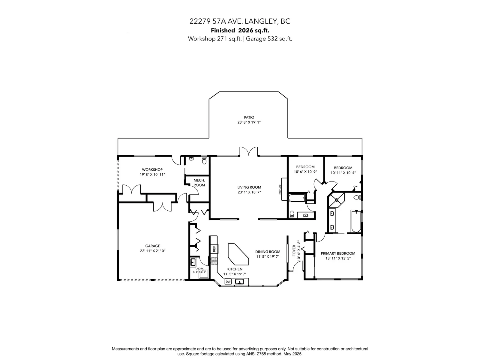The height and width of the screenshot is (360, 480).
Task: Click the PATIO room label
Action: [x=249, y=117]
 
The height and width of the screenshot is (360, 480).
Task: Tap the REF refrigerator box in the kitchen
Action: [x=214, y=249]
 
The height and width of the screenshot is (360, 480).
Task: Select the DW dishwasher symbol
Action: [x=228, y=281]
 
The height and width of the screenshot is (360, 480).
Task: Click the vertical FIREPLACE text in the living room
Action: [x=280, y=190]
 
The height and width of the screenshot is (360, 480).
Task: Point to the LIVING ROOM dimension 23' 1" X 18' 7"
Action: [x=249, y=192]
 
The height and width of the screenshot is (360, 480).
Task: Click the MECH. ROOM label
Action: [x=199, y=183]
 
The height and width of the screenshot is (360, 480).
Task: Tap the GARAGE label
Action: [x=153, y=246]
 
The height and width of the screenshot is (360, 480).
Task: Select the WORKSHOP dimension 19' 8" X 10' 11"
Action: [x=152, y=175]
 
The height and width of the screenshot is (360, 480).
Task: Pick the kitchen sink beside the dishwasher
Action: [x=239, y=282]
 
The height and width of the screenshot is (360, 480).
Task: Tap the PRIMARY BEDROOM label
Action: [x=338, y=253]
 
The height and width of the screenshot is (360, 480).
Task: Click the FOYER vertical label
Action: [x=294, y=250]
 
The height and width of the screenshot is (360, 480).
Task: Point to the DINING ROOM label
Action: [x=268, y=252]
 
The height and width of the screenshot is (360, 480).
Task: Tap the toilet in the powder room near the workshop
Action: [x=204, y=160]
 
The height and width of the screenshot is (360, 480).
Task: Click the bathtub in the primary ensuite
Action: [x=356, y=221]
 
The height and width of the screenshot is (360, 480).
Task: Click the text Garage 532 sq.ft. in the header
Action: [x=269, y=39]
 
